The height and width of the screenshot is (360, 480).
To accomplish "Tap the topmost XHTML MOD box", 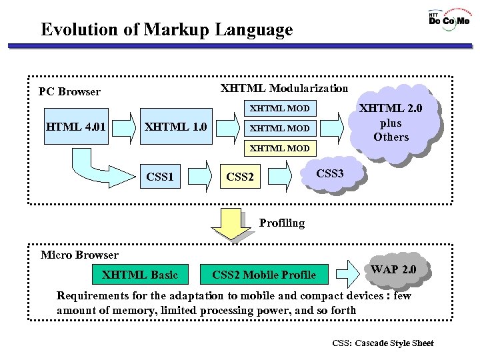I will point(279,108).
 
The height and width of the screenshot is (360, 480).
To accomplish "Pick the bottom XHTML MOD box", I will point(279,148).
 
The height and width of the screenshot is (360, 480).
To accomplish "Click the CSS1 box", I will point(160,177).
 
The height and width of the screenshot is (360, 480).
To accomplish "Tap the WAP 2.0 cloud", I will point(393,269).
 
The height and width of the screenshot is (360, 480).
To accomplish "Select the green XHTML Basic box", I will point(140,274).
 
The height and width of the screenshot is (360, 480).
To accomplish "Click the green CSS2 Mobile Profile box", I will point(264,274).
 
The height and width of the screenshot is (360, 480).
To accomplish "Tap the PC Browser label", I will point(69,92).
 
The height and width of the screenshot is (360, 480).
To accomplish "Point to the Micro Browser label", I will point(79,255).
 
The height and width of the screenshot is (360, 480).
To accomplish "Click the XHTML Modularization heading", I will point(284,88).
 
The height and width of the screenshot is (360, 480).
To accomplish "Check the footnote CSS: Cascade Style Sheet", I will point(383,343).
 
